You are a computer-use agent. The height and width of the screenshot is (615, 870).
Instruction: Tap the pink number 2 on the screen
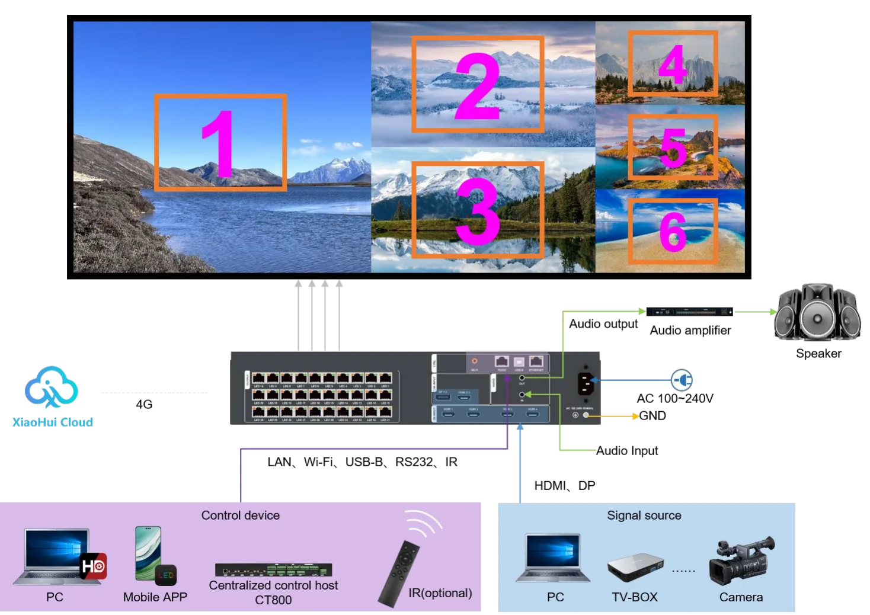click(x=478, y=86)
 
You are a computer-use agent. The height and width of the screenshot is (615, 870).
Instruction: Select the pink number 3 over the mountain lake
click(x=478, y=211)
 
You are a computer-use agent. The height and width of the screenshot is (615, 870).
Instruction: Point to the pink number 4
click(x=672, y=64)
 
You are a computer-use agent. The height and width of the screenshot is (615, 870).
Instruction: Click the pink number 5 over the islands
click(x=673, y=148)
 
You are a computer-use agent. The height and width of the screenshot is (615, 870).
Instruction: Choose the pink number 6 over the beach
click(x=673, y=232)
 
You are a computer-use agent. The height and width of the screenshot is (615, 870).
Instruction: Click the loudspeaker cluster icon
click(x=817, y=312)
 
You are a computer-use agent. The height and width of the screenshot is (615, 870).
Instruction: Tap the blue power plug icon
click(x=682, y=380)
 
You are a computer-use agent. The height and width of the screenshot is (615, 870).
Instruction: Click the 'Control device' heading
click(x=240, y=515)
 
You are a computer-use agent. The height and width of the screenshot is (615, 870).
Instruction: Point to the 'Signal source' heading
click(x=644, y=515)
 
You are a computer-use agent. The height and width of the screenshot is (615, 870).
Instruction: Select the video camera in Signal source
click(x=741, y=560)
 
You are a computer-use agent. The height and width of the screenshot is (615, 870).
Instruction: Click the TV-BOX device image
click(x=635, y=568)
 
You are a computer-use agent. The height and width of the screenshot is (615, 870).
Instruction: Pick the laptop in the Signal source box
click(x=554, y=559)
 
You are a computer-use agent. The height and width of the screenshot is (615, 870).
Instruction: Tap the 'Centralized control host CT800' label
click(x=273, y=592)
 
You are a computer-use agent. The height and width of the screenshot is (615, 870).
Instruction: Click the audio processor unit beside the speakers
click(x=689, y=311)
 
